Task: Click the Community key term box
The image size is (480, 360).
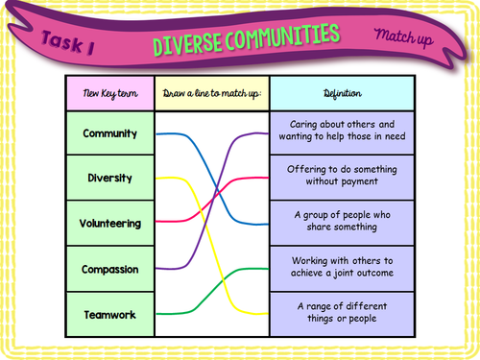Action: coord(110,133)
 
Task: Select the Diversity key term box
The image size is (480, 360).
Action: coord(110,179)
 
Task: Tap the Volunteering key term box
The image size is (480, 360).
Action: coord(110,224)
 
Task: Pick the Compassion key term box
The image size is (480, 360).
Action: coord(110,269)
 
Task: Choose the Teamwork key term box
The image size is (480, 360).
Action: coord(110,314)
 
